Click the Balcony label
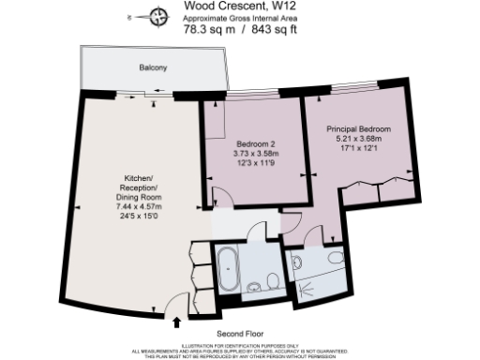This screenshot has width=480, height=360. pos(153,68)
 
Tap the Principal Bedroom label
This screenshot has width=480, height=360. pos(358,128)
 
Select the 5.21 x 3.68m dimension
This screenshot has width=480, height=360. pos(358,139)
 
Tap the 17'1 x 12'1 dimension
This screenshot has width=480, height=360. pos(358,149)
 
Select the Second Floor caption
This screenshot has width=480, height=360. pos(239,335)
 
